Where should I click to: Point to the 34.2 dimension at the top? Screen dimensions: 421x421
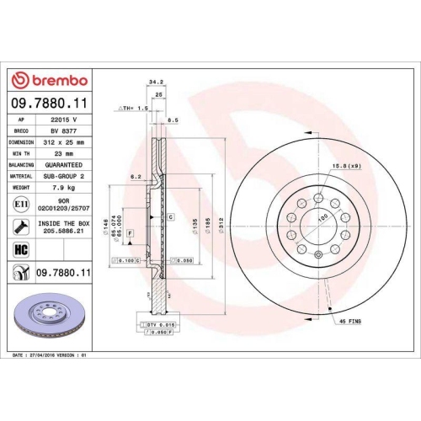[155, 82]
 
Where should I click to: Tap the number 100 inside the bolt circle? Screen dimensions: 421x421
[321, 218]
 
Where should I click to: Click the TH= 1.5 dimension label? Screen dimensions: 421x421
[136, 109]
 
